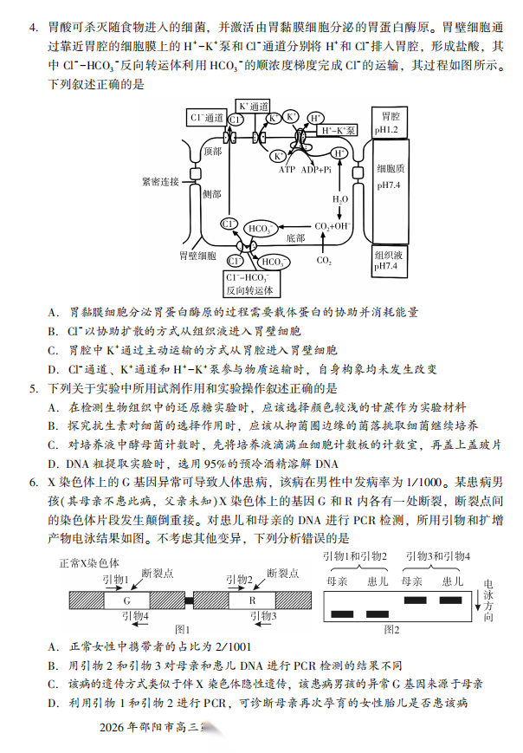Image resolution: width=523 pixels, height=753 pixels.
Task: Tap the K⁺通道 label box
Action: [x=254, y=106]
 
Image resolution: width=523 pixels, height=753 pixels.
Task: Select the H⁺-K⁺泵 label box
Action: [x=338, y=130]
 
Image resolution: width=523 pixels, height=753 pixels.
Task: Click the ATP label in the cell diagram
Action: [x=287, y=170]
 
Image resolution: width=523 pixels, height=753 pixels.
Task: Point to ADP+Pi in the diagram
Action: [x=317, y=170]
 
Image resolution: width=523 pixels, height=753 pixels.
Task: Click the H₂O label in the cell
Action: [x=340, y=199]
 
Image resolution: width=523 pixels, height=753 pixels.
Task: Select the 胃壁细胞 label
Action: [x=197, y=256]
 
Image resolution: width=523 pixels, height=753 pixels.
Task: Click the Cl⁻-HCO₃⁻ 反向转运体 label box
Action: [x=249, y=283]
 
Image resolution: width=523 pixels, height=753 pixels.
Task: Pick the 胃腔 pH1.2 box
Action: [x=387, y=122]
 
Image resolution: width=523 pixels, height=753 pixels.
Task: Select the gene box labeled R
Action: [x=253, y=600]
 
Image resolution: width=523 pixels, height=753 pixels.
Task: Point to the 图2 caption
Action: [x=392, y=629]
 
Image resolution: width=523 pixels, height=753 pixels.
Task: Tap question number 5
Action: [x=33, y=388]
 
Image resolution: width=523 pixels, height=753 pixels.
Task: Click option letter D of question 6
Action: [x=53, y=702]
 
